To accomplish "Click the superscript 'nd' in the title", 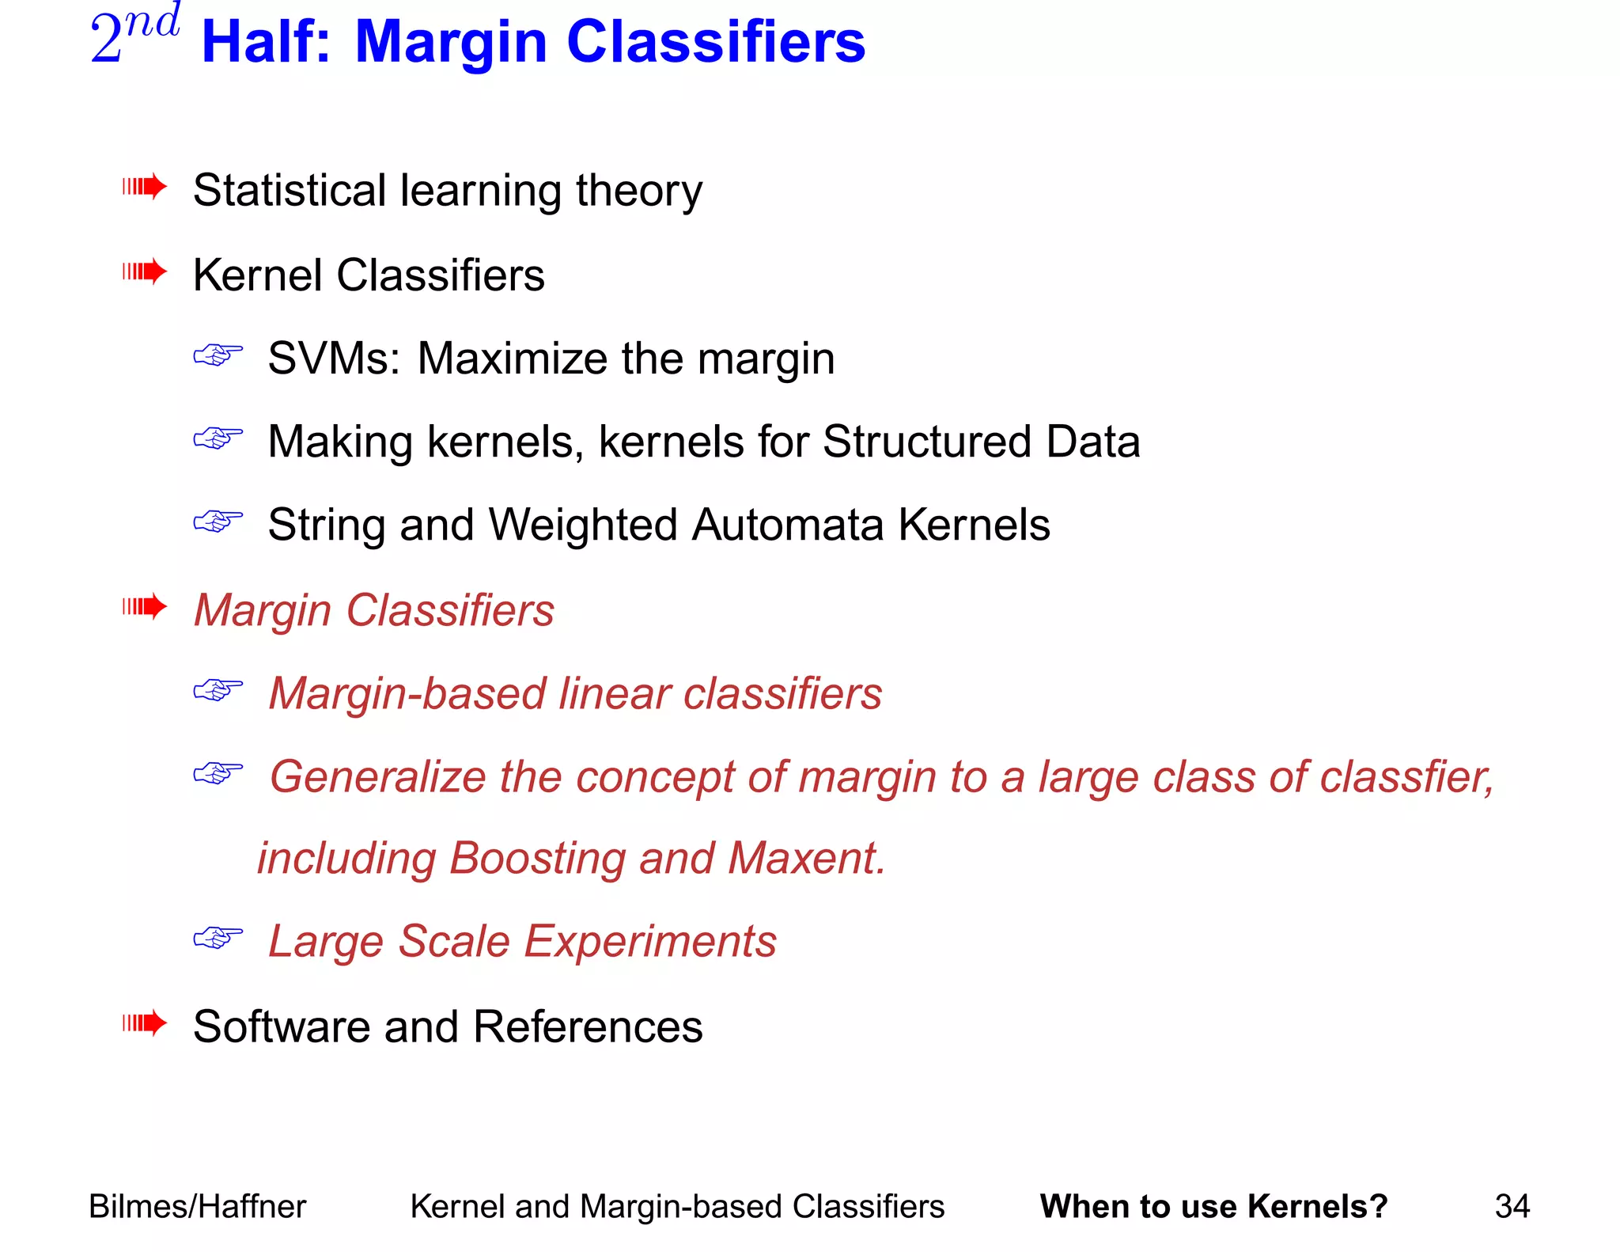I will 152,22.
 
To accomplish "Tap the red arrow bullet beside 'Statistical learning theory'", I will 144,188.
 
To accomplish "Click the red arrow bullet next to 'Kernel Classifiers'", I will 144,272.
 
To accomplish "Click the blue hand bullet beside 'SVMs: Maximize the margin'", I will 218,355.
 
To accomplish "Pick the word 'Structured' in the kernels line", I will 926,442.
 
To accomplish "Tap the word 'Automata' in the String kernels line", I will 787,525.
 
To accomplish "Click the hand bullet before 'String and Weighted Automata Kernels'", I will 218,522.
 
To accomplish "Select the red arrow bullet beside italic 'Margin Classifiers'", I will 144,607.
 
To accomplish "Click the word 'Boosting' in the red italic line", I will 537,859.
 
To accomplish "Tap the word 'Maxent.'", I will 806,859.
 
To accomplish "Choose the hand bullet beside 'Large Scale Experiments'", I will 218,938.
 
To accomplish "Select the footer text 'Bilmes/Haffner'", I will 197,1207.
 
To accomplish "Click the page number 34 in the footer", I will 1512,1207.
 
